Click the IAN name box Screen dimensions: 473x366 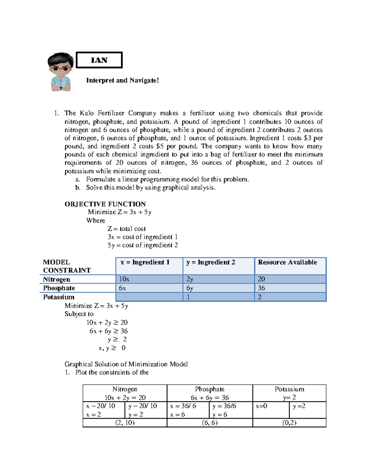[99, 60]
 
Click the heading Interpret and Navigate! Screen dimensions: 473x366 [122, 80]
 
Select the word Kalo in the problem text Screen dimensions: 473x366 [87, 113]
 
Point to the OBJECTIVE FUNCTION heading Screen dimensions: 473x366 [105, 204]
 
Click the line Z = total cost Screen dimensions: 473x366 [126, 229]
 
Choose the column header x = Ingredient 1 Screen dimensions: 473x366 [145, 262]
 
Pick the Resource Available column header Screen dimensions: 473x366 [287, 262]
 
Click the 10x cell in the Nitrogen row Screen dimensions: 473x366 [124, 279]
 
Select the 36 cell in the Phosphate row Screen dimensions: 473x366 [261, 288]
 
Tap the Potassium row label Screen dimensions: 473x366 [59, 297]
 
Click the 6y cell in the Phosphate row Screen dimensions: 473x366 [190, 288]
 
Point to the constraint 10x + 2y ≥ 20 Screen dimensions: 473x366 [107, 323]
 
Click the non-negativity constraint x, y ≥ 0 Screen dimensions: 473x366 [112, 348]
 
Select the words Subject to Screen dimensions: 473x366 [79, 314]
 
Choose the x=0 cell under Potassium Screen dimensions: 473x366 [261, 406]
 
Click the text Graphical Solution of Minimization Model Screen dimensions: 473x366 [126, 364]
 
